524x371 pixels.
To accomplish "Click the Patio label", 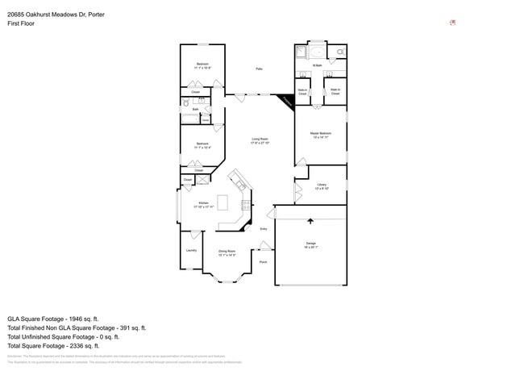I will pyautogui.click(x=259, y=69).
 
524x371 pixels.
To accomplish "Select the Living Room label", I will pyautogui.click(x=260, y=140).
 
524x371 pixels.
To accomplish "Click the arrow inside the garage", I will pyautogui.click(x=310, y=219).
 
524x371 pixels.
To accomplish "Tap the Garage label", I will pyautogui.click(x=310, y=244).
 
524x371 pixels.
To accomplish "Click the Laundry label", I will pyautogui.click(x=191, y=250).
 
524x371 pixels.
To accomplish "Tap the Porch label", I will pyautogui.click(x=263, y=262).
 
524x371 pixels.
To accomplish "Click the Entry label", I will pyautogui.click(x=263, y=229).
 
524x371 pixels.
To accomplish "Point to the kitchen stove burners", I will pyautogui.click(x=243, y=205).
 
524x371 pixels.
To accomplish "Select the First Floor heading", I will pyautogui.click(x=21, y=23).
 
